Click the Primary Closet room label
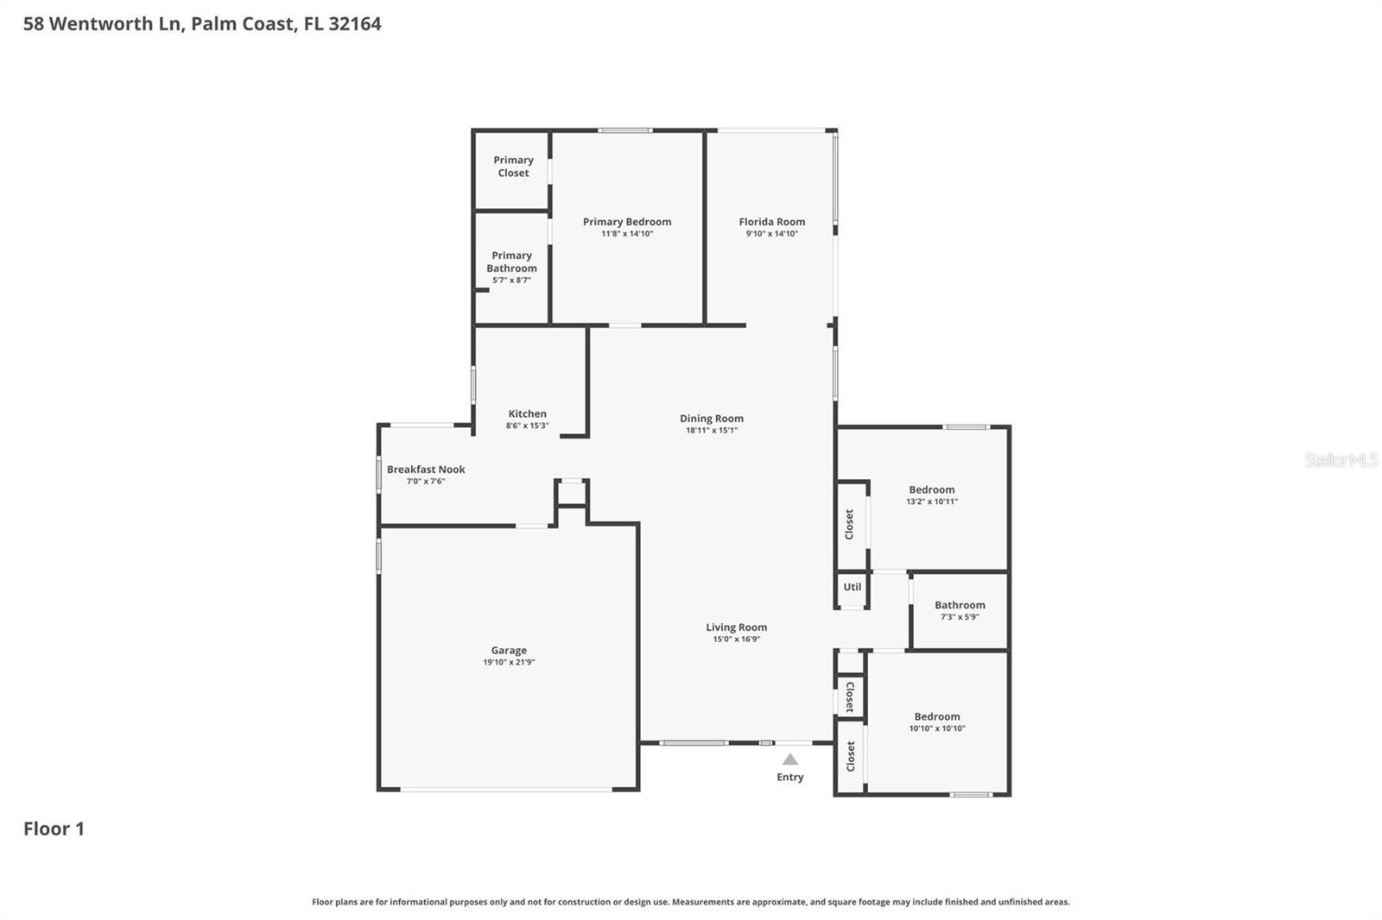tap(513, 167)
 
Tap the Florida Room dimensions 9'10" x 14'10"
tap(771, 234)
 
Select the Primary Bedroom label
tap(626, 222)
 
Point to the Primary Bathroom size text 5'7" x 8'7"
tap(511, 280)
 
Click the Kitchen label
tap(527, 413)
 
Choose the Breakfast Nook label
tap(426, 469)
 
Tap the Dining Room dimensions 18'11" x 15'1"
tap(711, 431)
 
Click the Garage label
tap(509, 651)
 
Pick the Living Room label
tap(736, 627)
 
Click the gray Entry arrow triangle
tap(789, 759)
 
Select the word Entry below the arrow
tap(789, 778)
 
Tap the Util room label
tap(853, 587)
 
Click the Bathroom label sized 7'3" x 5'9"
tap(960, 605)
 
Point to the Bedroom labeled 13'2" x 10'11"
tap(931, 489)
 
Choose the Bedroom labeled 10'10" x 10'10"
tap(936, 716)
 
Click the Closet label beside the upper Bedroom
tap(850, 524)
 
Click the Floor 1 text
tap(54, 829)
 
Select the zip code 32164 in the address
tap(354, 23)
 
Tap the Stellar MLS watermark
tap(1341, 460)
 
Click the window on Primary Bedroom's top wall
tap(625, 130)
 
